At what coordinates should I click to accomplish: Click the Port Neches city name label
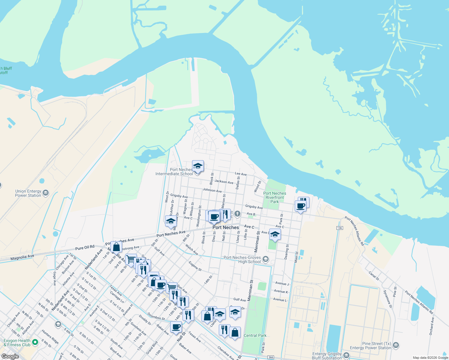click(226, 227)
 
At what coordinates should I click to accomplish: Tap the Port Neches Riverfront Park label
click(275, 197)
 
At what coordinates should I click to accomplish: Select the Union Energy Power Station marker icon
click(46, 193)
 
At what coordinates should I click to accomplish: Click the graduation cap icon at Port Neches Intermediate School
click(198, 166)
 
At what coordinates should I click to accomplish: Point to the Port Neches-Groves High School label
click(243, 259)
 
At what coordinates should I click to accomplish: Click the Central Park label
click(255, 335)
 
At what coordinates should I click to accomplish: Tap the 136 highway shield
click(339, 228)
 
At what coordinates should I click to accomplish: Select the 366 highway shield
click(271, 357)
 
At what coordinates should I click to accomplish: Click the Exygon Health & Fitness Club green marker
click(35, 342)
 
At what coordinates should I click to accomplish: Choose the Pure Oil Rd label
click(85, 247)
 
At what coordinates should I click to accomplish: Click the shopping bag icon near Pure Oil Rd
click(116, 247)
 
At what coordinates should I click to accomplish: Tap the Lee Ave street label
click(241, 174)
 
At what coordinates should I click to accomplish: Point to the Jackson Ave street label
click(224, 182)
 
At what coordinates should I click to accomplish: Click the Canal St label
click(374, 276)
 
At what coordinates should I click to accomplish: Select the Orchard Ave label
click(431, 326)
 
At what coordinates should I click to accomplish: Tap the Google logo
click(10, 356)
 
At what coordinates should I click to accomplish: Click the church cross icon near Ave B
click(237, 214)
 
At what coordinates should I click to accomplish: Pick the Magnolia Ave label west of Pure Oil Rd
click(22, 257)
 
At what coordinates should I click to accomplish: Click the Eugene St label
click(195, 266)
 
